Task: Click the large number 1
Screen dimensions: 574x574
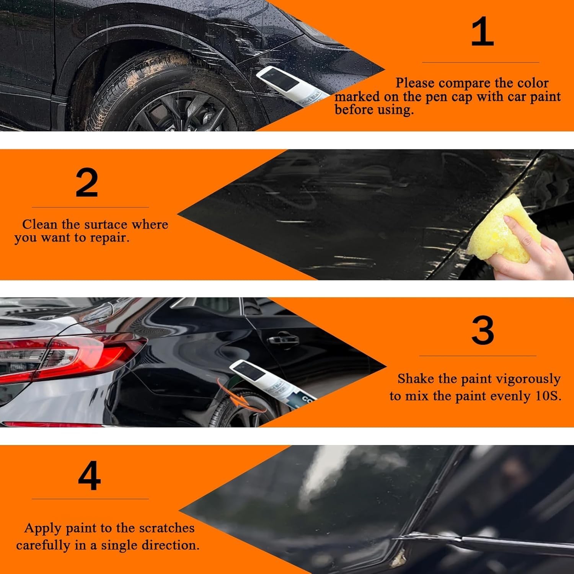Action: pos(482,32)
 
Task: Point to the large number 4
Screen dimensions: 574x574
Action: pos(89,476)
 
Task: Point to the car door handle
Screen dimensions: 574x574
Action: pos(283,339)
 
